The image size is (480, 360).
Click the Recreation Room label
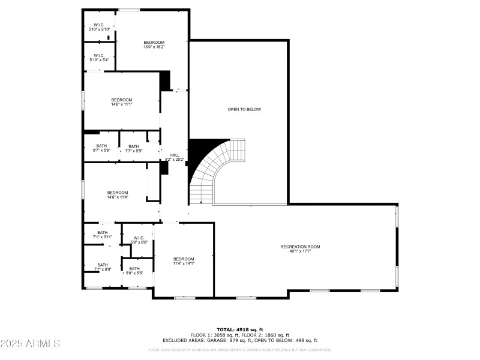[301, 247]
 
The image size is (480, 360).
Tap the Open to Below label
[244, 109]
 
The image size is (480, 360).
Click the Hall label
[175, 155]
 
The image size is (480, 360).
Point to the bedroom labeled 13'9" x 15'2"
[154, 42]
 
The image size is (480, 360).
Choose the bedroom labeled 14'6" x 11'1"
[122, 100]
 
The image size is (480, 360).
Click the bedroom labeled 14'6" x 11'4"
[118, 193]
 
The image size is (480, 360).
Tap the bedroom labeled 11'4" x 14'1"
[184, 259]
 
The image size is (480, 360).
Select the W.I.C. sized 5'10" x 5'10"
[99, 25]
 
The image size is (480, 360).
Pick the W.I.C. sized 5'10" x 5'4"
[99, 56]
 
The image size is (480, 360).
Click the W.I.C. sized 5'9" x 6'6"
[139, 238]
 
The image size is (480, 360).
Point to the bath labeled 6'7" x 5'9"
[101, 146]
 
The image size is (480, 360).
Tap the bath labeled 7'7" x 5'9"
[133, 146]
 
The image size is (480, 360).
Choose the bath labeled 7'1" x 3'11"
[103, 233]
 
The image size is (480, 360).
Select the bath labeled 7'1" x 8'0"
[103, 265]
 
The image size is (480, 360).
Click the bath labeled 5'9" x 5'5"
[134, 269]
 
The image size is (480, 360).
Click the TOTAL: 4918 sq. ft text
[241, 329]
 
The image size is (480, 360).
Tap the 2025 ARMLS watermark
[31, 344]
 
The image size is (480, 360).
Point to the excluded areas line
[241, 340]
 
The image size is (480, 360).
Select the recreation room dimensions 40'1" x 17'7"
[301, 251]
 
